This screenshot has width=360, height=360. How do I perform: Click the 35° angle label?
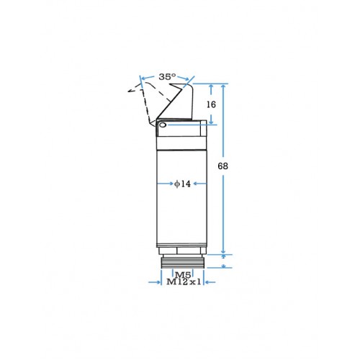point(167,77)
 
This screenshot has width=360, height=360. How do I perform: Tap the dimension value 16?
point(211,104)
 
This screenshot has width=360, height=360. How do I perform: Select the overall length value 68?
point(222,166)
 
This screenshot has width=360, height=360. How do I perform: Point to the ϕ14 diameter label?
point(182,184)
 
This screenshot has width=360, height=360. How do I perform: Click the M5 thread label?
point(183,274)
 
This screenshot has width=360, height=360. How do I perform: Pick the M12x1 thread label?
point(184,282)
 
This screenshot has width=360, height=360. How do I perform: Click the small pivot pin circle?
point(163,125)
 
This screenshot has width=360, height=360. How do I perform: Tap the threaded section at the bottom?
point(183,263)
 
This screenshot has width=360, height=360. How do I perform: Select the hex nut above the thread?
point(182,251)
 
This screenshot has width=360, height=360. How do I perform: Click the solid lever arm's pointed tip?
point(170,84)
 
